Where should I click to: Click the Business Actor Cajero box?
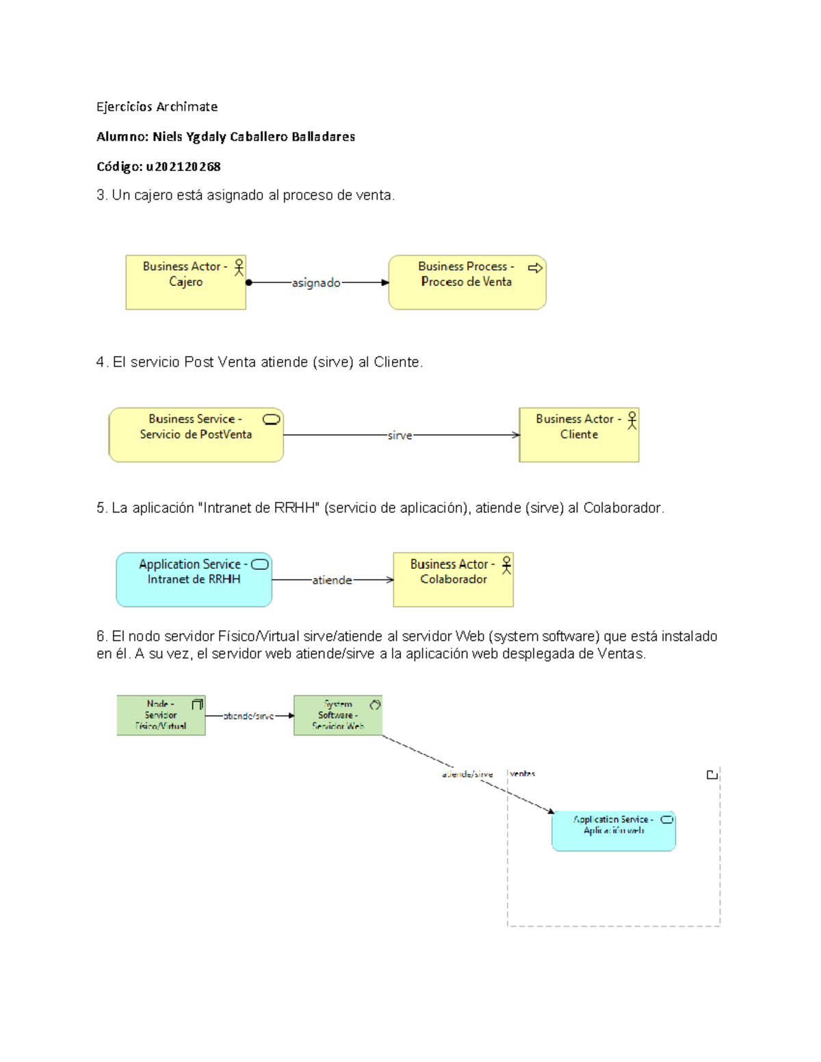point(185,282)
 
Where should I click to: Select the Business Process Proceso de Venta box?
point(467,282)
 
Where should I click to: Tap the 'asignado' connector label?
point(316,282)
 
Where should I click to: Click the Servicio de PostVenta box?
point(196,435)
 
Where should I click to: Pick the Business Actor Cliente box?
point(579,435)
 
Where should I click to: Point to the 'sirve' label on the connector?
point(400,436)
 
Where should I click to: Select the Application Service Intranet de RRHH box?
point(194,580)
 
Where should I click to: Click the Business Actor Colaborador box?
point(453,580)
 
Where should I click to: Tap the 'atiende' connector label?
point(332,580)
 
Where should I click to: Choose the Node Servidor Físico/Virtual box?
point(161,715)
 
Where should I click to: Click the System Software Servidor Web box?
point(338,715)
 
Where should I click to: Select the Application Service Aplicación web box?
point(613,831)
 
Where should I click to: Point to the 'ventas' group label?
point(523,773)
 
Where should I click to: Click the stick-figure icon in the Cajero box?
point(239,267)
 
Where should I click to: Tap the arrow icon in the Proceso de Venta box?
point(535,267)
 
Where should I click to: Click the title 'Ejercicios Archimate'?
point(157,107)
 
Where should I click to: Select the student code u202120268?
point(183,166)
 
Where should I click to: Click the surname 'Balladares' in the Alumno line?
point(323,137)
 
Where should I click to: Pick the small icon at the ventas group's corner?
point(712,774)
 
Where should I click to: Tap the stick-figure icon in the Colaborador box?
point(506,565)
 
